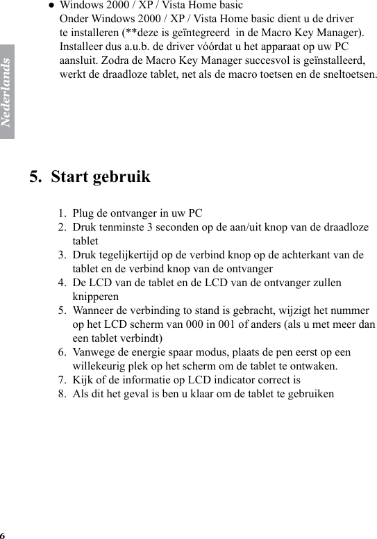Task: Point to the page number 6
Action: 3,535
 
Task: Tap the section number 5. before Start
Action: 35,176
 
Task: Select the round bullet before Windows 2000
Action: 51,5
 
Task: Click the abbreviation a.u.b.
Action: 136,46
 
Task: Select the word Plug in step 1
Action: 83,213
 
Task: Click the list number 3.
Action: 62,254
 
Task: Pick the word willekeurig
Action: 101,365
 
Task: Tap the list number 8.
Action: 62,394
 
